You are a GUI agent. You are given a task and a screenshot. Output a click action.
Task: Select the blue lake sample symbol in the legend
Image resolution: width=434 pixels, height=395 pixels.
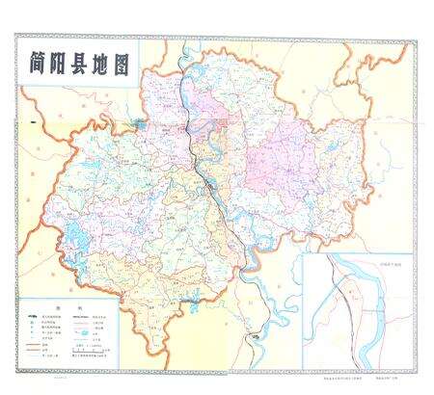(x=93, y=329)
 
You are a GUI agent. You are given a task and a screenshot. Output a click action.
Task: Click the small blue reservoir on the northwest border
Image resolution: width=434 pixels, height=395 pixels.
(x=141, y=123)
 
